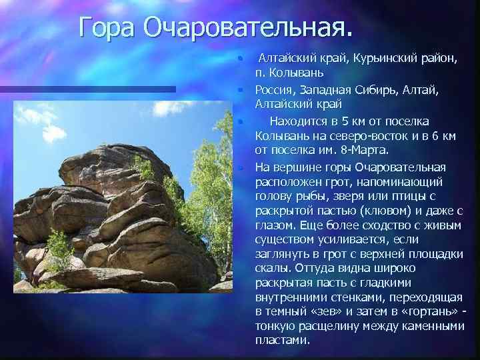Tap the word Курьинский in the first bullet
372,59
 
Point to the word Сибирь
380,90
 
